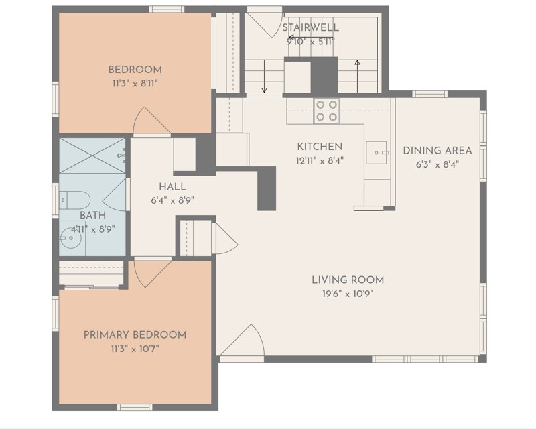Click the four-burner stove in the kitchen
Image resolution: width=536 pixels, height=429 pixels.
pyautogui.click(x=327, y=111)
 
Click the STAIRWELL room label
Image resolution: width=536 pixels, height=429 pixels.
pyautogui.click(x=310, y=27)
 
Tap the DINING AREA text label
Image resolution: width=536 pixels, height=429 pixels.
pyautogui.click(x=437, y=150)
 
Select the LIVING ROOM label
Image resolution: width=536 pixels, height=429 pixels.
pyautogui.click(x=348, y=280)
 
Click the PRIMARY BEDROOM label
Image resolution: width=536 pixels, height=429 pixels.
pyautogui.click(x=135, y=334)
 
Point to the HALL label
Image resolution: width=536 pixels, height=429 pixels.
pyautogui.click(x=172, y=187)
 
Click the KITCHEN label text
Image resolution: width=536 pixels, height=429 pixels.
pyautogui.click(x=320, y=146)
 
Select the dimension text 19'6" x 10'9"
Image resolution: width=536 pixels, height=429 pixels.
pyautogui.click(x=348, y=294)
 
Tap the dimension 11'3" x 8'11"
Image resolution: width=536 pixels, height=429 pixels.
pyautogui.click(x=135, y=84)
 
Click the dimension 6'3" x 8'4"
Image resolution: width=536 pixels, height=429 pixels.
pyautogui.click(x=437, y=164)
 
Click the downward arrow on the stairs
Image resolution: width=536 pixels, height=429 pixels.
pyautogui.click(x=264, y=77)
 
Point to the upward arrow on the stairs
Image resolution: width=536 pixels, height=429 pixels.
pyautogui.click(x=357, y=74)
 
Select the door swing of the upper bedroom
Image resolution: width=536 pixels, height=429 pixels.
pyautogui.click(x=149, y=123)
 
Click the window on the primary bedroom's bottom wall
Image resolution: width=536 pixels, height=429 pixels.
pyautogui.click(x=135, y=407)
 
